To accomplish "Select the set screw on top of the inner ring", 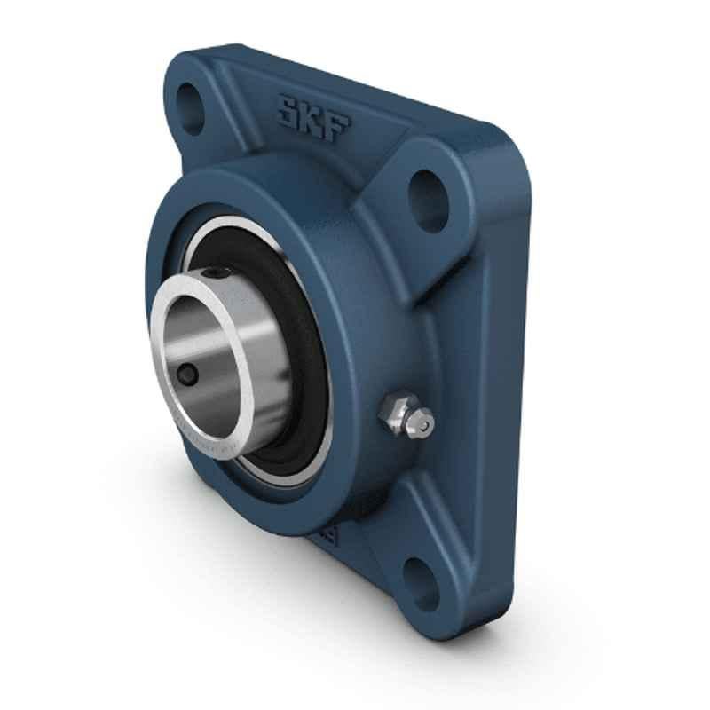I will pyautogui.click(x=216, y=273).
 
